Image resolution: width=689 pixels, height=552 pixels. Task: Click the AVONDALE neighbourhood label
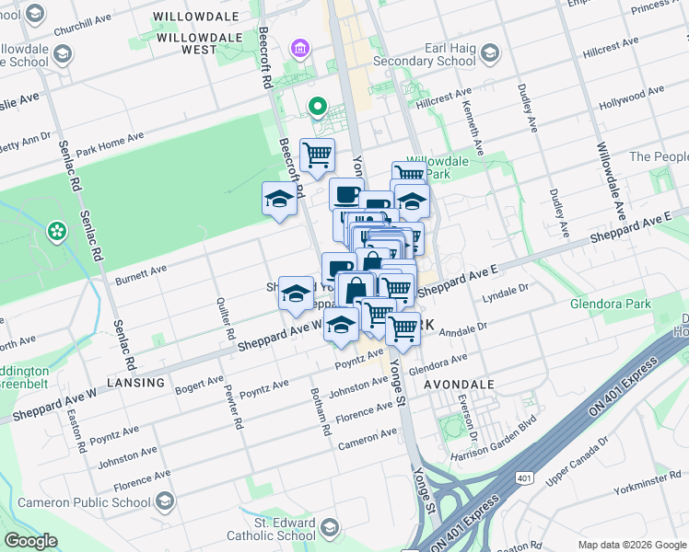coord(459,385)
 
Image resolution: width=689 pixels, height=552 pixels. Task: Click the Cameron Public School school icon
coord(165,502)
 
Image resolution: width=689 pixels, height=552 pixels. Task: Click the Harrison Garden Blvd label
coord(493,443)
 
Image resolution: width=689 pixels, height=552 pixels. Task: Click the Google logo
coord(30,541)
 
